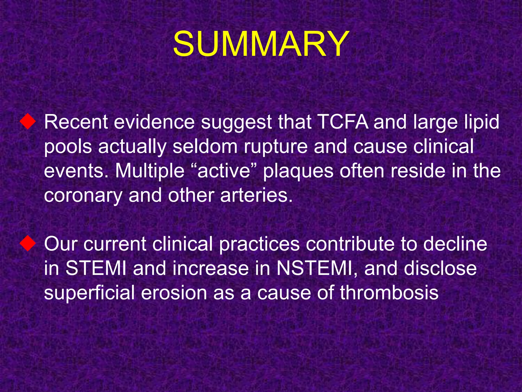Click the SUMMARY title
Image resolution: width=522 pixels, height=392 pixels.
pyautogui.click(x=261, y=44)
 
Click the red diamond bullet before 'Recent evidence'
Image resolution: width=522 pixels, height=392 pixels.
pyautogui.click(x=28, y=122)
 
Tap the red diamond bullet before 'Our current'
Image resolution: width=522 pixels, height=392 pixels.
pyautogui.click(x=28, y=243)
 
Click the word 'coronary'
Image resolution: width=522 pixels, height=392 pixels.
pyautogui.click(x=83, y=196)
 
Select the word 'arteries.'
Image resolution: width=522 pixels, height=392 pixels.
pyautogui.click(x=256, y=195)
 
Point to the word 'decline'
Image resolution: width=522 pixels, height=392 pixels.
pyautogui.click(x=455, y=243)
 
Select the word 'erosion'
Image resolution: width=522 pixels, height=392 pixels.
pyautogui.click(x=174, y=292)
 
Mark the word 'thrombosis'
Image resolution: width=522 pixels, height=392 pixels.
pyautogui.click(x=389, y=292)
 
